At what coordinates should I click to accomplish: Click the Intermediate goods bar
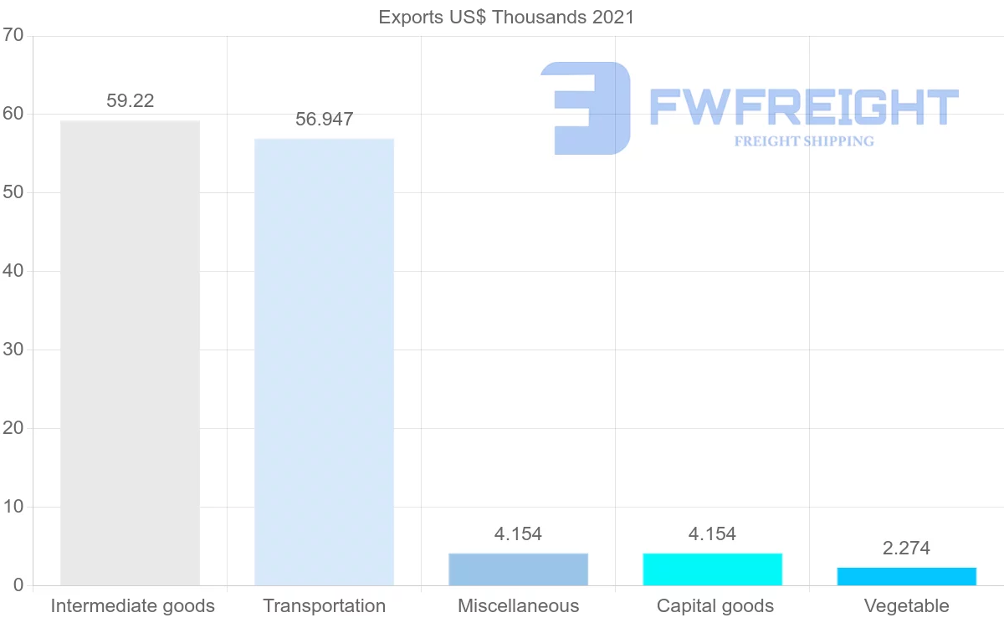(130, 353)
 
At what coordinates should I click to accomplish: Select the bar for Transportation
(324, 362)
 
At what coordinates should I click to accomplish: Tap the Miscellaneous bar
(518, 569)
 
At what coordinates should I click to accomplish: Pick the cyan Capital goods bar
(712, 569)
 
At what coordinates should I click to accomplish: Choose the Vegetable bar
(906, 576)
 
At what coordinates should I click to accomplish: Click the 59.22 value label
(130, 101)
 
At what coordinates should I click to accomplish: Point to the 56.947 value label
(324, 120)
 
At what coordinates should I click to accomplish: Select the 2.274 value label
(906, 549)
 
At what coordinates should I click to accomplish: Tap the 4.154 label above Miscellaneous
(518, 534)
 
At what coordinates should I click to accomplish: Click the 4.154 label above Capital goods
(712, 534)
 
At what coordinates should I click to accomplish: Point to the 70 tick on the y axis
(13, 36)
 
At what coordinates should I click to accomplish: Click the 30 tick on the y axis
(13, 350)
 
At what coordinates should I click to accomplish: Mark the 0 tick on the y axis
(18, 585)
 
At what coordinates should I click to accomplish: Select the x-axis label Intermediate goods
(132, 606)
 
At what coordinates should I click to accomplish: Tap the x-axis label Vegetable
(906, 606)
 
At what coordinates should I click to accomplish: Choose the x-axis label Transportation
(324, 606)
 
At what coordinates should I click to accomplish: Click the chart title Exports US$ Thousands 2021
(506, 17)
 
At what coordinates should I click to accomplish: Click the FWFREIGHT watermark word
(803, 107)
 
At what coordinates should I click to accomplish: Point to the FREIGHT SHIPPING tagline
(803, 141)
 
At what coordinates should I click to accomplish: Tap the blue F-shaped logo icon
(586, 107)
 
